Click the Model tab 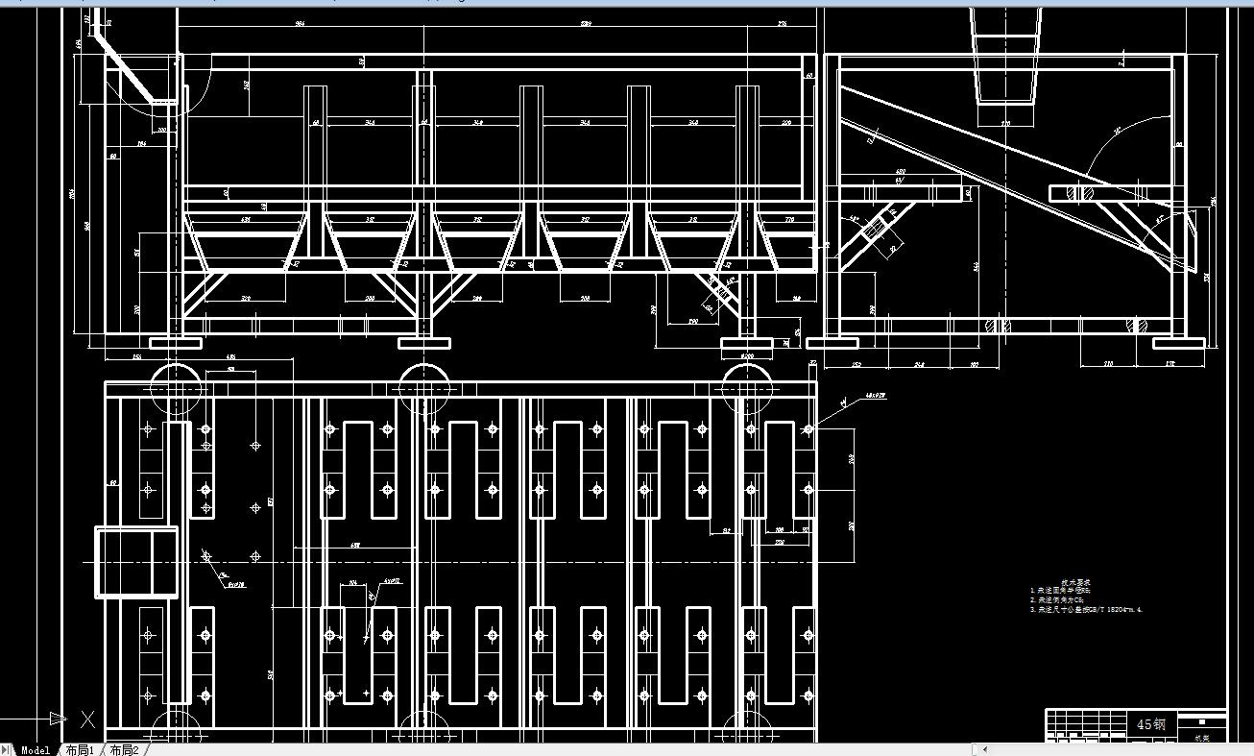click(35, 750)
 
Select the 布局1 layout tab click(80, 750)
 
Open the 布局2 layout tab click(124, 750)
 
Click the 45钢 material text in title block click(1151, 724)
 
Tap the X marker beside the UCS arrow click(88, 719)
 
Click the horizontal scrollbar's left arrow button click(984, 750)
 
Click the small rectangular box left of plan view click(136, 562)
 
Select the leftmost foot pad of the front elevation click(176, 342)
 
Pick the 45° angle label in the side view click(1118, 130)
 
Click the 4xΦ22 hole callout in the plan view click(391, 581)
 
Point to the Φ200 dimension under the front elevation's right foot click(747, 356)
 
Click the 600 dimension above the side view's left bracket click(901, 172)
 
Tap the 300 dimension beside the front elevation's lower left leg click(136, 309)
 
